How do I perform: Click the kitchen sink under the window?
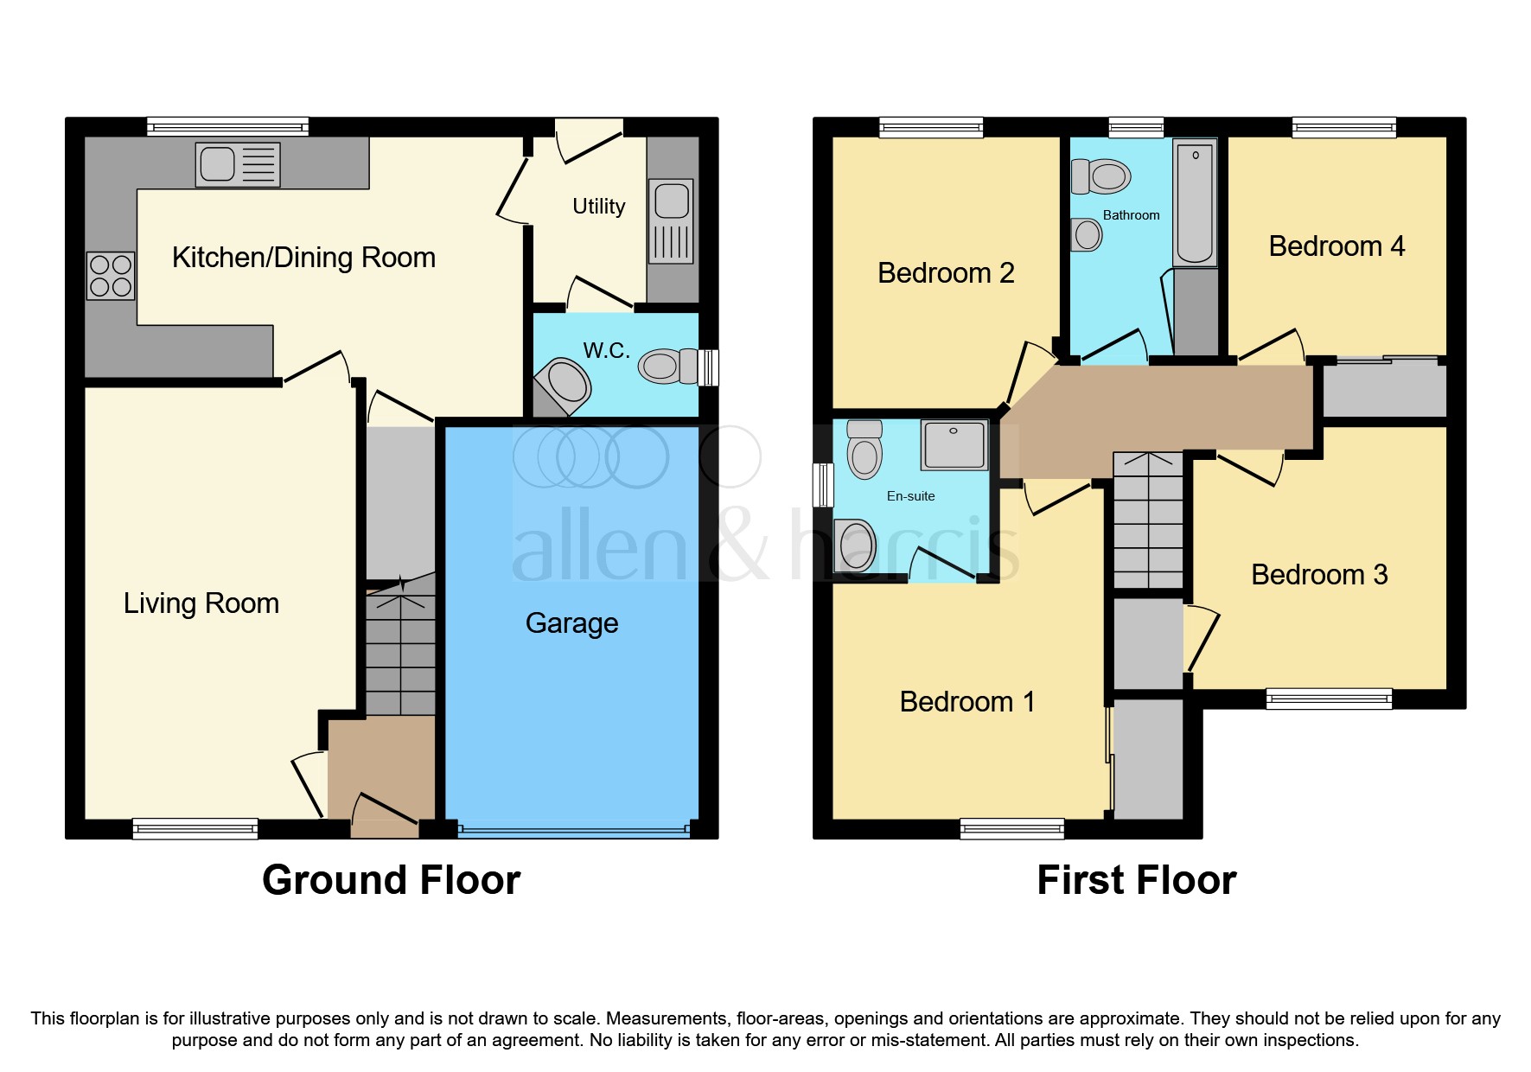pyautogui.click(x=238, y=164)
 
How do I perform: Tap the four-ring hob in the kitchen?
pyautogui.click(x=111, y=276)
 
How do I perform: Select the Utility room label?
pyautogui.click(x=598, y=207)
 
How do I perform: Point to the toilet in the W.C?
pyautogui.click(x=667, y=366)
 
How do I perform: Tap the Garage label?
pyautogui.click(x=571, y=623)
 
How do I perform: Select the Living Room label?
pyautogui.click(x=201, y=603)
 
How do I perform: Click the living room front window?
pyautogui.click(x=195, y=828)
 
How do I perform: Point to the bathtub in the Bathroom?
pyautogui.click(x=1195, y=203)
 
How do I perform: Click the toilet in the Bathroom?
pyautogui.click(x=1101, y=176)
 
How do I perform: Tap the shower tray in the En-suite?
pyautogui.click(x=954, y=445)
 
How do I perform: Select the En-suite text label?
pyautogui.click(x=910, y=496)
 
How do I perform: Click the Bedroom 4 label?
pyautogui.click(x=1336, y=246)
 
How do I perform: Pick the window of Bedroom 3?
pyautogui.click(x=1329, y=698)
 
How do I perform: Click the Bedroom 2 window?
pyautogui.click(x=931, y=128)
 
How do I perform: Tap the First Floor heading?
pyautogui.click(x=1136, y=880)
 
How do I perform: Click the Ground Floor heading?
pyautogui.click(x=391, y=880)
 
